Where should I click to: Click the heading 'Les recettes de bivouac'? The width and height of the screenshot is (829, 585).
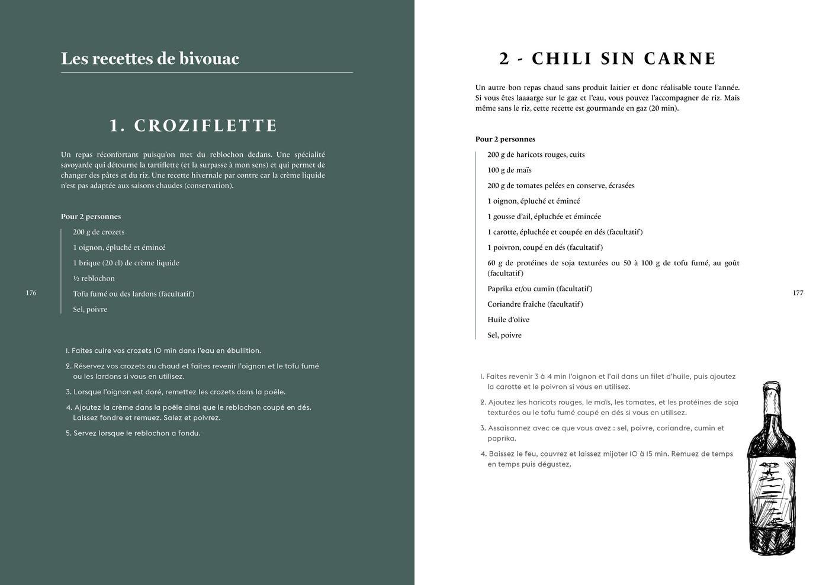[150, 59]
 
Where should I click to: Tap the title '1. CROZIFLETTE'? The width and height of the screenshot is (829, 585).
[193, 126]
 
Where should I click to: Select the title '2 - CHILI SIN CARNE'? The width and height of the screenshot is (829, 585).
[608, 59]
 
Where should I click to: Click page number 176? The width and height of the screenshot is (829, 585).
[31, 292]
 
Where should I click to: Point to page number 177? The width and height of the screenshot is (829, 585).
[798, 292]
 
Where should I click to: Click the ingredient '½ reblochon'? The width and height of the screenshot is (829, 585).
[94, 278]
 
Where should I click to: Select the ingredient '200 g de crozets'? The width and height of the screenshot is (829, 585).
[98, 232]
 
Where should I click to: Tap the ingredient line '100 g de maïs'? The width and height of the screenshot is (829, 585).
[509, 170]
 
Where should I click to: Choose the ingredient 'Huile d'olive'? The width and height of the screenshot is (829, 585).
[508, 320]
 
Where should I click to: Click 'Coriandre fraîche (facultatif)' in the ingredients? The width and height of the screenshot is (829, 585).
[535, 304]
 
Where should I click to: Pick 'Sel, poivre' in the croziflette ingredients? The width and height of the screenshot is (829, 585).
[90, 309]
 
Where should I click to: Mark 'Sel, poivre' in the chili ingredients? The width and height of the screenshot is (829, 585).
[505, 335]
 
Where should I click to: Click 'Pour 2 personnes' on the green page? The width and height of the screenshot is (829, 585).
[91, 217]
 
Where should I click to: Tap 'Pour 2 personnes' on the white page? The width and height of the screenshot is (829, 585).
[505, 139]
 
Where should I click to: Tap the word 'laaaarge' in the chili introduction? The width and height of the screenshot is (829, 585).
[535, 98]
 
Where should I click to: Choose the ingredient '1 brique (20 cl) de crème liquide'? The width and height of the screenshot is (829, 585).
[126, 263]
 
